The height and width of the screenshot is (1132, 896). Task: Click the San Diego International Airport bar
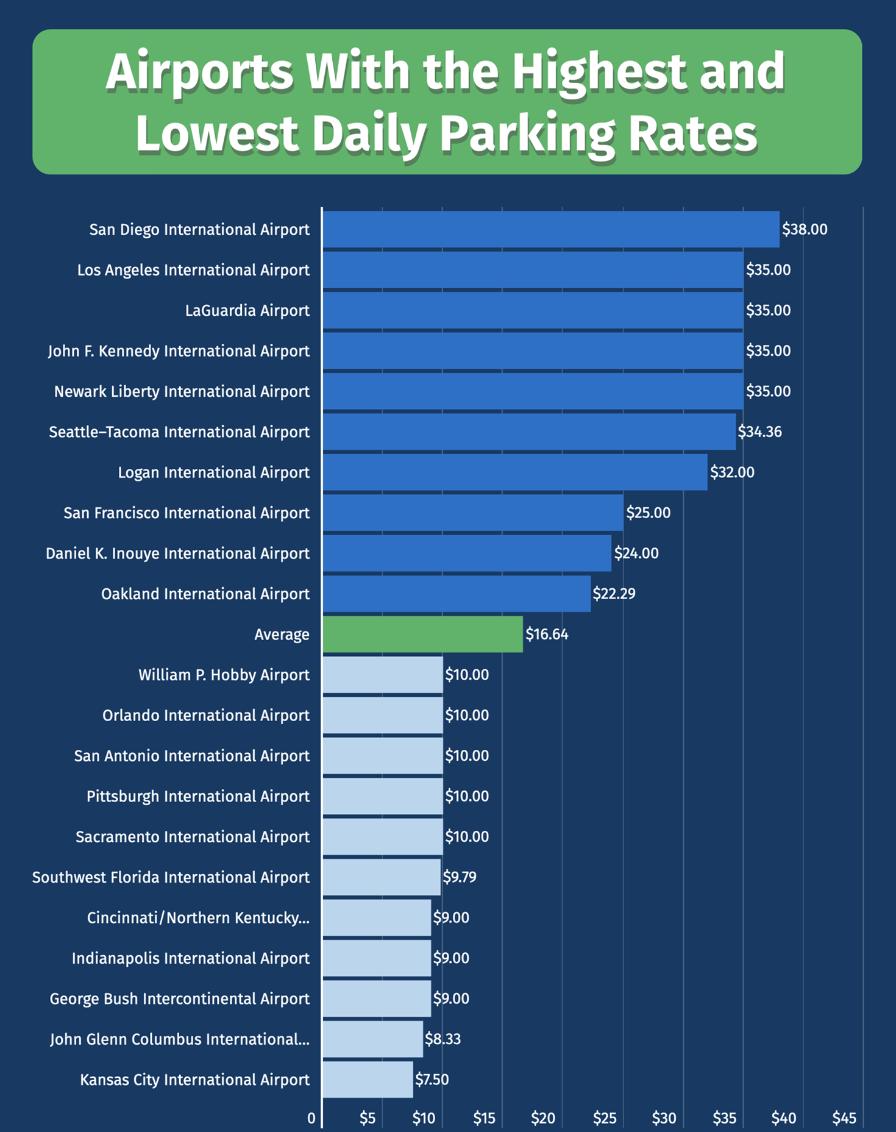[550, 230]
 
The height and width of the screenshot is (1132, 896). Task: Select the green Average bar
[422, 635]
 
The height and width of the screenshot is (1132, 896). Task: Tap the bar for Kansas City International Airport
[368, 1080]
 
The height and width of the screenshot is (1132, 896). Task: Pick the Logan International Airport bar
[515, 472]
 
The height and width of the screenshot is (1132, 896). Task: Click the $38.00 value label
[805, 230]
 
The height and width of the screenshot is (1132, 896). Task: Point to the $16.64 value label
[547, 635]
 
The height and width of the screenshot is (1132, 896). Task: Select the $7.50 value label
[432, 1080]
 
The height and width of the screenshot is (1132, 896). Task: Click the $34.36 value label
[759, 432]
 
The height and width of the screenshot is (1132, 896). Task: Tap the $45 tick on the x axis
[844, 1119]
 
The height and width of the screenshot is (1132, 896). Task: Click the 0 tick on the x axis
[311, 1119]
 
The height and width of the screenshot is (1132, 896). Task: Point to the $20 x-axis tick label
[542, 1119]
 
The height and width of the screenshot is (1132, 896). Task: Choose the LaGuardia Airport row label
[247, 311]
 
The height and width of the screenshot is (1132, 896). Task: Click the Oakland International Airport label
[205, 594]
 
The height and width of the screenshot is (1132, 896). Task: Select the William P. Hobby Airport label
[224, 675]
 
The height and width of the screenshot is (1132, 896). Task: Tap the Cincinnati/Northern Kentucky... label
[198, 918]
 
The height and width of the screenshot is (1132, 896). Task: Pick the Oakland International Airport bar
[457, 594]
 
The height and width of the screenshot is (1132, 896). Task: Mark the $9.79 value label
[460, 877]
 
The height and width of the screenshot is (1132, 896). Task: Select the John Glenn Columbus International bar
[372, 1039]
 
